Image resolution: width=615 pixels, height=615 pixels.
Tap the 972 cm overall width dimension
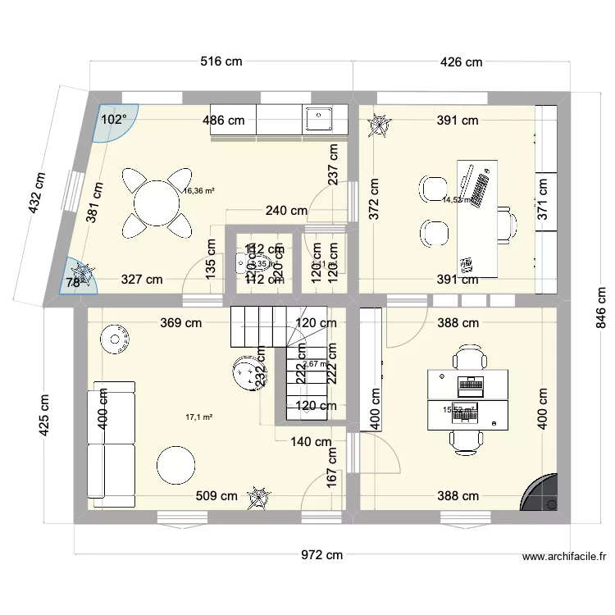point(320,555)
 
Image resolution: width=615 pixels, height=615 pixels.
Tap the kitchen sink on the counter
point(317,120)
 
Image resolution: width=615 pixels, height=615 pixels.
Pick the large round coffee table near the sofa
point(177,465)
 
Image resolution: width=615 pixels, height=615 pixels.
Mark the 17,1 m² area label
point(199,417)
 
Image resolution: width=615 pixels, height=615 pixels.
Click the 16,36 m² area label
point(199,190)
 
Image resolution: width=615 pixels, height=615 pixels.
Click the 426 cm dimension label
point(462,61)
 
